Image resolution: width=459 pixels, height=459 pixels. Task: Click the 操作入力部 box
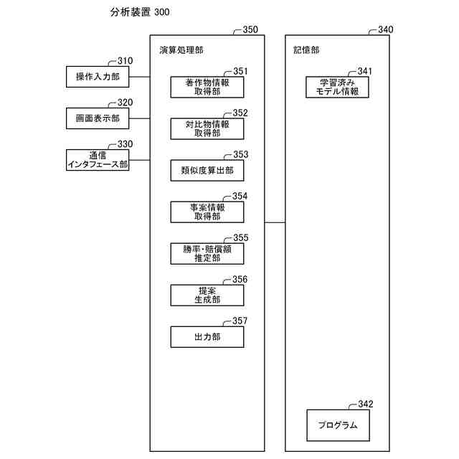[98, 77]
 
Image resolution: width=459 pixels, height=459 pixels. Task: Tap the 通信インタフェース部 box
[98, 160]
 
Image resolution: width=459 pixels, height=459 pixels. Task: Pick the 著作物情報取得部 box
[207, 87]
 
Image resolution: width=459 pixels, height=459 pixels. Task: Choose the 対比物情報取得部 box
[207, 128]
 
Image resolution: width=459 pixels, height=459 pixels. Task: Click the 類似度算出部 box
[207, 170]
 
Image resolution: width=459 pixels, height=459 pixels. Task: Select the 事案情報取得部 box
[207, 212]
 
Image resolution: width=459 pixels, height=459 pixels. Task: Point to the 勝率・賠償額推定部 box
[207, 253]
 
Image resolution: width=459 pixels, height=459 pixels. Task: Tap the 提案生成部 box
[207, 295]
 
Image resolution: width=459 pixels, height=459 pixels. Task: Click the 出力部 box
[207, 336]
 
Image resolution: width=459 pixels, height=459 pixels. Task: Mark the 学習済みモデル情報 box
[338, 87]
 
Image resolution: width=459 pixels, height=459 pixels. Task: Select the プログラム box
[338, 425]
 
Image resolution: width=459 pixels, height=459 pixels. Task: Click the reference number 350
[251, 30]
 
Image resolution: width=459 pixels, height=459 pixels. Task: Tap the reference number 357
[240, 321]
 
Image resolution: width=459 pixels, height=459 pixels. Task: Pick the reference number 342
[365, 404]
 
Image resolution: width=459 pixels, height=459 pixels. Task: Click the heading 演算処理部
[181, 51]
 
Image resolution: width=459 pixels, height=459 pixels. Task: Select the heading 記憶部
[306, 51]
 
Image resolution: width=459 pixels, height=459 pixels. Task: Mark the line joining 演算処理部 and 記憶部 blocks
[275, 222]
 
